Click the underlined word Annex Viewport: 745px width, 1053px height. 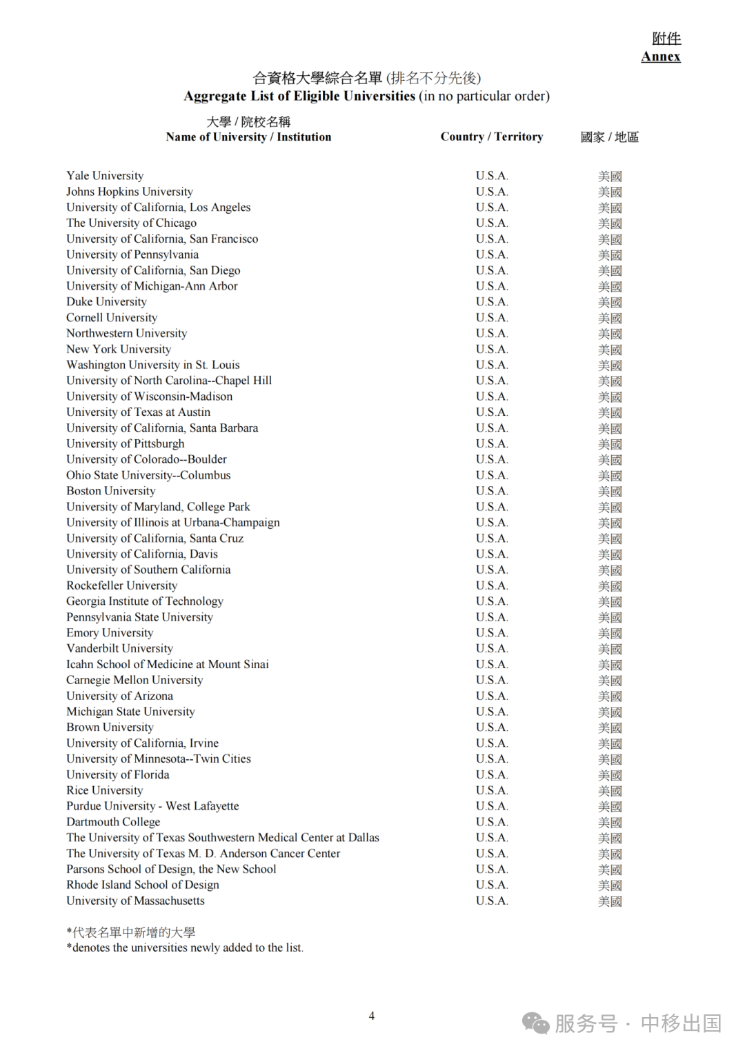(x=660, y=57)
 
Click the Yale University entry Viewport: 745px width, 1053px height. (x=105, y=176)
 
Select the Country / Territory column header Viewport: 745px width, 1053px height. (x=491, y=137)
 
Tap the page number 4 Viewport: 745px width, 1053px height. (x=372, y=1015)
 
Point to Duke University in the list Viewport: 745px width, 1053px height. (x=106, y=302)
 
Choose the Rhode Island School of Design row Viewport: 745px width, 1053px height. (x=142, y=885)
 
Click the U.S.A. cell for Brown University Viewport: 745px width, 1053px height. (x=491, y=728)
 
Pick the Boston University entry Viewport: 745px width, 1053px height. (x=110, y=491)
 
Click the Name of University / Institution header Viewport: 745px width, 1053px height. (x=248, y=137)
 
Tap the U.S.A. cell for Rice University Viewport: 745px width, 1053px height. (x=491, y=790)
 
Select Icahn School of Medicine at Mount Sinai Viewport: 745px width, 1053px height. (x=167, y=664)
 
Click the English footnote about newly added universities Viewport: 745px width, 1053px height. (x=185, y=947)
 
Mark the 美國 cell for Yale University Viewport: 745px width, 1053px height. (x=610, y=177)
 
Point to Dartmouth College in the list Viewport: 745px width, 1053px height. (x=113, y=822)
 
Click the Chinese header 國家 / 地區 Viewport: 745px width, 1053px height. (x=609, y=137)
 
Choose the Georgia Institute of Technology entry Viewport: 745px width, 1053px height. (x=145, y=601)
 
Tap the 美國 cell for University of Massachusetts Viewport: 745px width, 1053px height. (x=610, y=901)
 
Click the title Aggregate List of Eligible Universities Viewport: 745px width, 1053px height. (x=299, y=96)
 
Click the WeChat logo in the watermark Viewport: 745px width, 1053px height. (x=535, y=1023)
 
